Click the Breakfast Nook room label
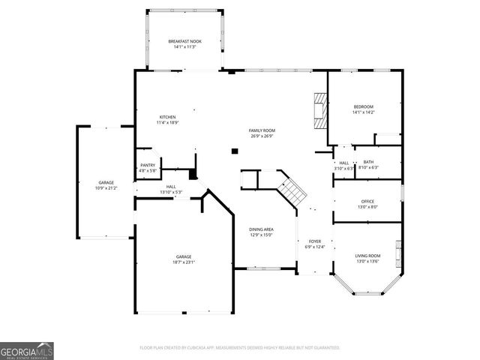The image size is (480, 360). coord(184,41)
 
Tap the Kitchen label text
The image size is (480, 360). coord(167,118)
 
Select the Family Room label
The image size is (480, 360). coord(261,130)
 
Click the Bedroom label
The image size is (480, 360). coord(364,107)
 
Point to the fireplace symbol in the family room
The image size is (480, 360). coord(320,109)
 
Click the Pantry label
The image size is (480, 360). coord(148,165)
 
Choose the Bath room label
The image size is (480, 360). coord(368,162)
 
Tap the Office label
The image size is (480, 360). coord(367,201)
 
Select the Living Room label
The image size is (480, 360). coord(367,256)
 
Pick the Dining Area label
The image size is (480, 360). coord(261,229)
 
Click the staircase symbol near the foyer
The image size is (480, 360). coord(292,190)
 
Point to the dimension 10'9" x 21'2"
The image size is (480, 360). coord(106,188)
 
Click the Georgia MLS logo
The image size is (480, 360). coord(27,350)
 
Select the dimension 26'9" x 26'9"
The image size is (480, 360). coord(261,136)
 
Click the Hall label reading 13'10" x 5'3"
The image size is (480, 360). coord(171,189)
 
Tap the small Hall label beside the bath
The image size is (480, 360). coord(343,165)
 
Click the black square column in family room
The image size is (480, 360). coord(235,151)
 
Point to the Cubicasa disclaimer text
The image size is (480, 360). coord(240,348)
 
